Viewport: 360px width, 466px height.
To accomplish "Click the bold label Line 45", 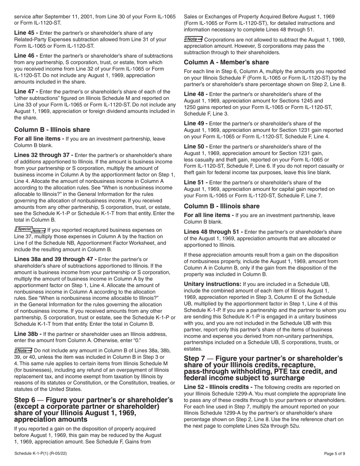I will click(x=26, y=33).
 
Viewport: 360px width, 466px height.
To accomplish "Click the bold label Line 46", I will click(x=26, y=56).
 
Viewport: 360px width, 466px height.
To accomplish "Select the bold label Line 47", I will click(x=26, y=91).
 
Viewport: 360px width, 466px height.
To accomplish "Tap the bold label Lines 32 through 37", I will click(x=44, y=155).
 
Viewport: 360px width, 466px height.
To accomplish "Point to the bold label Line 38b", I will click(x=28, y=334).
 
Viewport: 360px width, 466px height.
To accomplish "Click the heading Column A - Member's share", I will click(x=226, y=62).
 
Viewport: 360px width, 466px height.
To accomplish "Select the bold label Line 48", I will click(x=196, y=94).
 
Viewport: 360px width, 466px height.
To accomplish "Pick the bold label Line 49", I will click(x=196, y=124).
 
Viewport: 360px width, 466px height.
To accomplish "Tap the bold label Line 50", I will click(x=196, y=147).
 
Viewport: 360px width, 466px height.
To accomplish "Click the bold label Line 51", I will click(x=196, y=182).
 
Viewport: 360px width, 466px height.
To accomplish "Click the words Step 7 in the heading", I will click(x=195, y=358).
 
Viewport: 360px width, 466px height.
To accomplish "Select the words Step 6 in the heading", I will click(x=25, y=400).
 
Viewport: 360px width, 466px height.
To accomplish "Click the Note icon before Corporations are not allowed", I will click(x=193, y=39).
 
